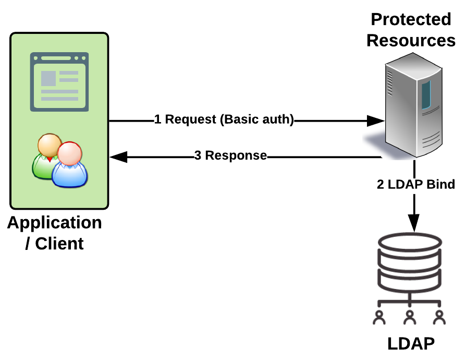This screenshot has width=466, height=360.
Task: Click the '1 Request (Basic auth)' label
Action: (224, 120)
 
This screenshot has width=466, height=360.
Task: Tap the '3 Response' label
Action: (230, 156)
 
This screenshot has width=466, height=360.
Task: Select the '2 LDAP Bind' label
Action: (415, 184)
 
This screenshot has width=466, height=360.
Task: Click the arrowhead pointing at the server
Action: (375, 121)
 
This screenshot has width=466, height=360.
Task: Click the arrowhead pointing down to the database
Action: (414, 224)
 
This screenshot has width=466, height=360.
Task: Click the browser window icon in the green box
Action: (58, 81)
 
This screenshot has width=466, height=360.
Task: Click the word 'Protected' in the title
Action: (411, 19)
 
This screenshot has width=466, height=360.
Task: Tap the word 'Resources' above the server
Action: (411, 40)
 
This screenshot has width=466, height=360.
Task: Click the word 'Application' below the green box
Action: (55, 223)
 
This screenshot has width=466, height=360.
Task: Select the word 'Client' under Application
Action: (59, 243)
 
